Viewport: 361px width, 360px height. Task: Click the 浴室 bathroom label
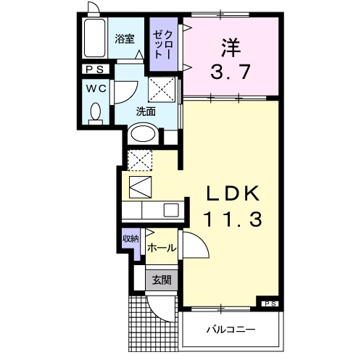coord(125,40)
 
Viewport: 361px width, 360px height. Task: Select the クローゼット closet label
coord(159,45)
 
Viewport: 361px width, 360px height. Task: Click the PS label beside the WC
coord(95,70)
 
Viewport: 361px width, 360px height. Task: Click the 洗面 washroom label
coord(146,111)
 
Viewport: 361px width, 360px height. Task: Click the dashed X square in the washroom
coord(160,92)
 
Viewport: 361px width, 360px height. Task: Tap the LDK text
coord(229,193)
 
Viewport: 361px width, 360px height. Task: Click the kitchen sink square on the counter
coord(170,210)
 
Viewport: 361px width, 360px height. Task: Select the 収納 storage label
coord(130,239)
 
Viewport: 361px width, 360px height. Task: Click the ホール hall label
coord(161,248)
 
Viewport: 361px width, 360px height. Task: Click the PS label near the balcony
coord(270,303)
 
